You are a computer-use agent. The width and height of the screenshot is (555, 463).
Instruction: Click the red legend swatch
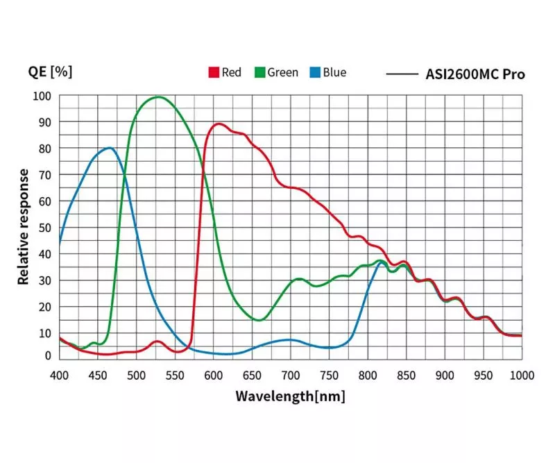point(214,73)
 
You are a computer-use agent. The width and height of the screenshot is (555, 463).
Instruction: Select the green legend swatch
point(260,73)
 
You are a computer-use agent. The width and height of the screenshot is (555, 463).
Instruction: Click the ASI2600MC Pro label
point(475,74)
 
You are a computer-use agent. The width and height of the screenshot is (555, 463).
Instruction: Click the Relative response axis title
point(24,226)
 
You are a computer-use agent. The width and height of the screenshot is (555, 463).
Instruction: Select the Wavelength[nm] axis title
point(290,397)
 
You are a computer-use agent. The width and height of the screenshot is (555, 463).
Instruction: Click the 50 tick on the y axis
point(44,228)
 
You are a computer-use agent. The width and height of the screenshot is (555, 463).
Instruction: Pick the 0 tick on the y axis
point(47,355)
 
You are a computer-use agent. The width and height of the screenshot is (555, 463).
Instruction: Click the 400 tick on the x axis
point(60,376)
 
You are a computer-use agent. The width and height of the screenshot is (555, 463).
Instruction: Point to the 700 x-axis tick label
point(291,376)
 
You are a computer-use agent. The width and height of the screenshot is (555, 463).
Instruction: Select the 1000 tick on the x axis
point(521,376)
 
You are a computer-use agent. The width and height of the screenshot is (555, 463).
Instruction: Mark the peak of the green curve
point(158,97)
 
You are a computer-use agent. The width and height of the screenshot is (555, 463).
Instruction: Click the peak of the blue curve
point(110,148)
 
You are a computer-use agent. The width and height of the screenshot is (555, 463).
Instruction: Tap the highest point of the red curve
point(219,124)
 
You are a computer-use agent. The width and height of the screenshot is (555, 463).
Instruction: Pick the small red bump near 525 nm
point(157,342)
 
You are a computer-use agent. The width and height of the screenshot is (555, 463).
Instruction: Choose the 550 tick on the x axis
point(175,376)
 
